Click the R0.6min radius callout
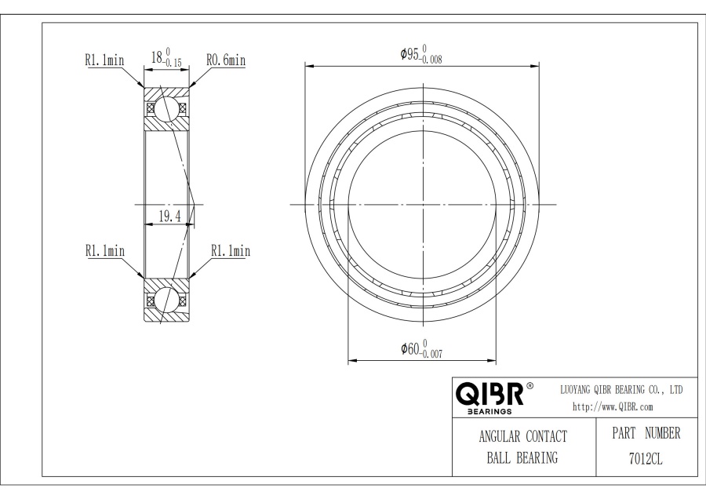pyautogui.click(x=226, y=60)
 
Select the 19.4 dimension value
pyautogui.click(x=169, y=217)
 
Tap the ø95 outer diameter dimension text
pyautogui.click(x=421, y=54)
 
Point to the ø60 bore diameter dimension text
pyautogui.click(x=422, y=348)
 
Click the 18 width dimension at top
pyautogui.click(x=166, y=57)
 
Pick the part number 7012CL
pyautogui.click(x=646, y=459)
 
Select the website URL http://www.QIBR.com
pyautogui.click(x=613, y=406)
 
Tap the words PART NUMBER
pyautogui.click(x=646, y=433)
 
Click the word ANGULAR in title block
pyautogui.click(x=500, y=436)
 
